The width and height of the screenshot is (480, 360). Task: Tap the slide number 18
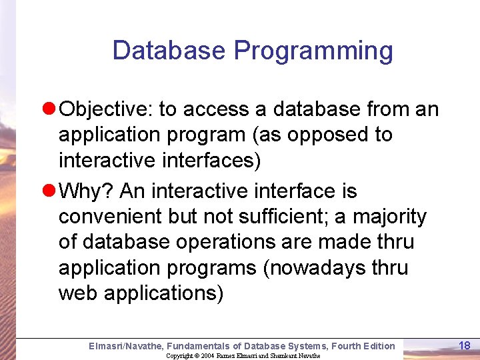click(x=465, y=345)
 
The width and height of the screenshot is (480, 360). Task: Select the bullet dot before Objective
click(x=48, y=109)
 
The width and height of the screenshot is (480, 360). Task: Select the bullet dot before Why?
click(x=48, y=192)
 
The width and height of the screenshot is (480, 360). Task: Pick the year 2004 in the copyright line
click(x=206, y=356)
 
